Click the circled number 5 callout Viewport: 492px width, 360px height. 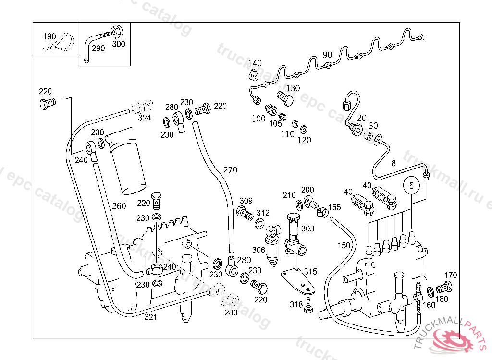pyautogui.click(x=411, y=185)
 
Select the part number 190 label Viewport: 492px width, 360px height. pyautogui.click(x=49, y=36)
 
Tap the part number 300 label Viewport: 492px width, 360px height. pyautogui.click(x=118, y=44)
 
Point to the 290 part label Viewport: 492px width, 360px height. pyautogui.click(x=98, y=48)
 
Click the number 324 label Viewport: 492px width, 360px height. pyautogui.click(x=144, y=117)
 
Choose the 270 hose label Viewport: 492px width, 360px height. pyautogui.click(x=230, y=170)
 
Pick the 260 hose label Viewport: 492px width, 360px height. pyautogui.click(x=119, y=206)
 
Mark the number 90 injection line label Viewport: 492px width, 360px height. pyautogui.click(x=327, y=55)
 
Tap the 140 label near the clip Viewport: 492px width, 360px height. pyautogui.click(x=255, y=63)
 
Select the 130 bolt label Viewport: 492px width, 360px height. pyautogui.click(x=293, y=88)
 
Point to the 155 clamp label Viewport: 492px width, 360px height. pyautogui.click(x=334, y=208)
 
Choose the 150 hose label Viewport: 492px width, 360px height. pyautogui.click(x=344, y=245)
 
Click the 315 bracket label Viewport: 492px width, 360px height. pyautogui.click(x=310, y=272)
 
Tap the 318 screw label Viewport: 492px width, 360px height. pyautogui.click(x=296, y=304)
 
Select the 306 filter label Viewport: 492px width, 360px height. pyautogui.click(x=258, y=250)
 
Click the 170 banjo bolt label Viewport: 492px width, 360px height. pyautogui.click(x=451, y=276)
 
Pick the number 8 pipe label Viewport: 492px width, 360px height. pyautogui.click(x=394, y=163)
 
